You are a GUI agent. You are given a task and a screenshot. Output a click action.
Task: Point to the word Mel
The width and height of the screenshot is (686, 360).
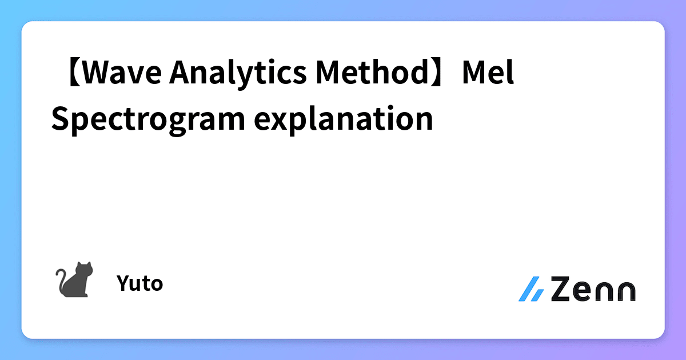pyautogui.click(x=489, y=75)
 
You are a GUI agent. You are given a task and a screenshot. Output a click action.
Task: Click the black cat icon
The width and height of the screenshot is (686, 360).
pyautogui.click(x=74, y=279)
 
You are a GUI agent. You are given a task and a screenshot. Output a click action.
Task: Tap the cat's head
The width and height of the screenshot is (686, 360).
pyautogui.click(x=85, y=268)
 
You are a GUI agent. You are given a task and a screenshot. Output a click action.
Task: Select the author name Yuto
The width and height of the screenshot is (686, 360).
pyautogui.click(x=139, y=283)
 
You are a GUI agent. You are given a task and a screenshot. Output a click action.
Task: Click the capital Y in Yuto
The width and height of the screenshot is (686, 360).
pyautogui.click(x=122, y=283)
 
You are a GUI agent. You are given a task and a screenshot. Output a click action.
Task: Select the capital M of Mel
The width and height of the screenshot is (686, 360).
pyautogui.click(x=474, y=75)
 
